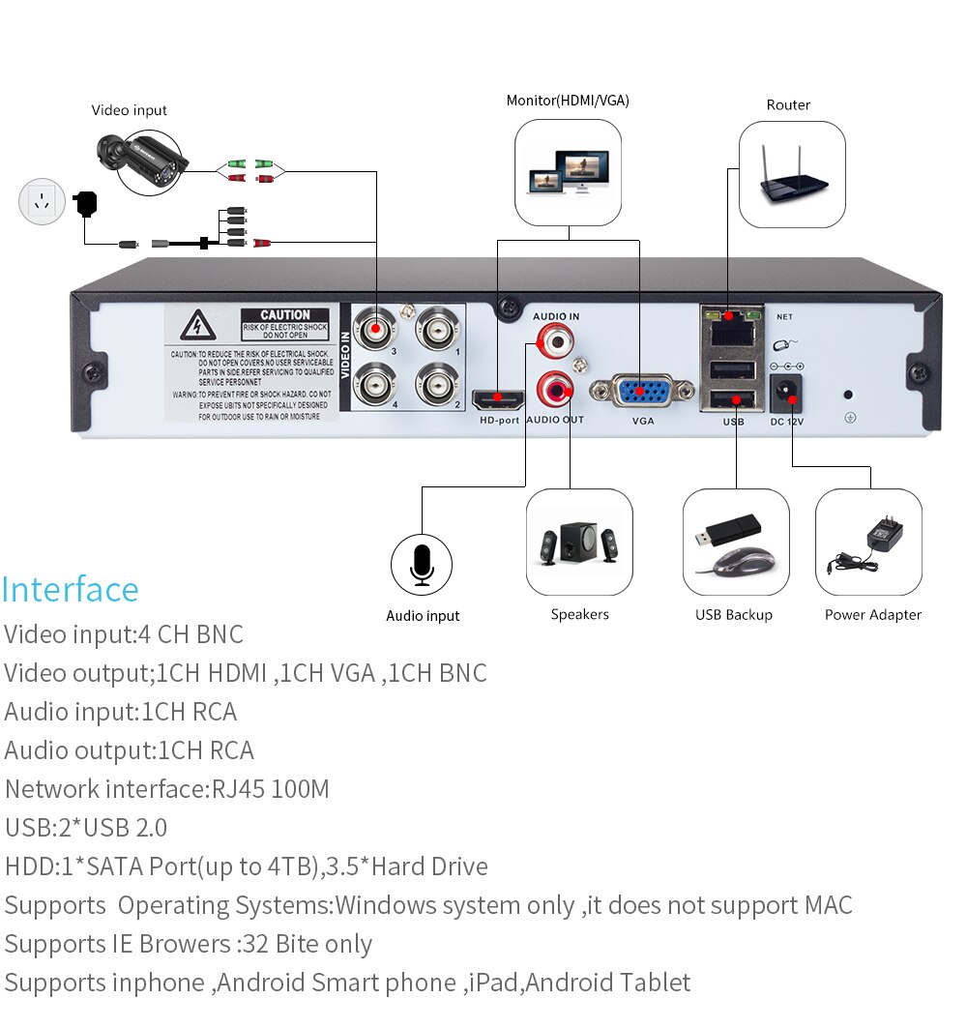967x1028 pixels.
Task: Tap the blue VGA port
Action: (642, 392)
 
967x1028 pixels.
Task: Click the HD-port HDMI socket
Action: (497, 398)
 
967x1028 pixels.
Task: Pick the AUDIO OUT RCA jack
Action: (556, 390)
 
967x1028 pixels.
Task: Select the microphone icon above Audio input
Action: (422, 564)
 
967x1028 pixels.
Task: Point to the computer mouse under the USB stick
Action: (743, 561)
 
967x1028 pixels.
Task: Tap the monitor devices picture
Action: (569, 172)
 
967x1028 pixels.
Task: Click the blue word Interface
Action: (71, 589)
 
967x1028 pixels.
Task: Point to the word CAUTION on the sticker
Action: (285, 315)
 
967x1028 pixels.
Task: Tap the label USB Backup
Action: (734, 615)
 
